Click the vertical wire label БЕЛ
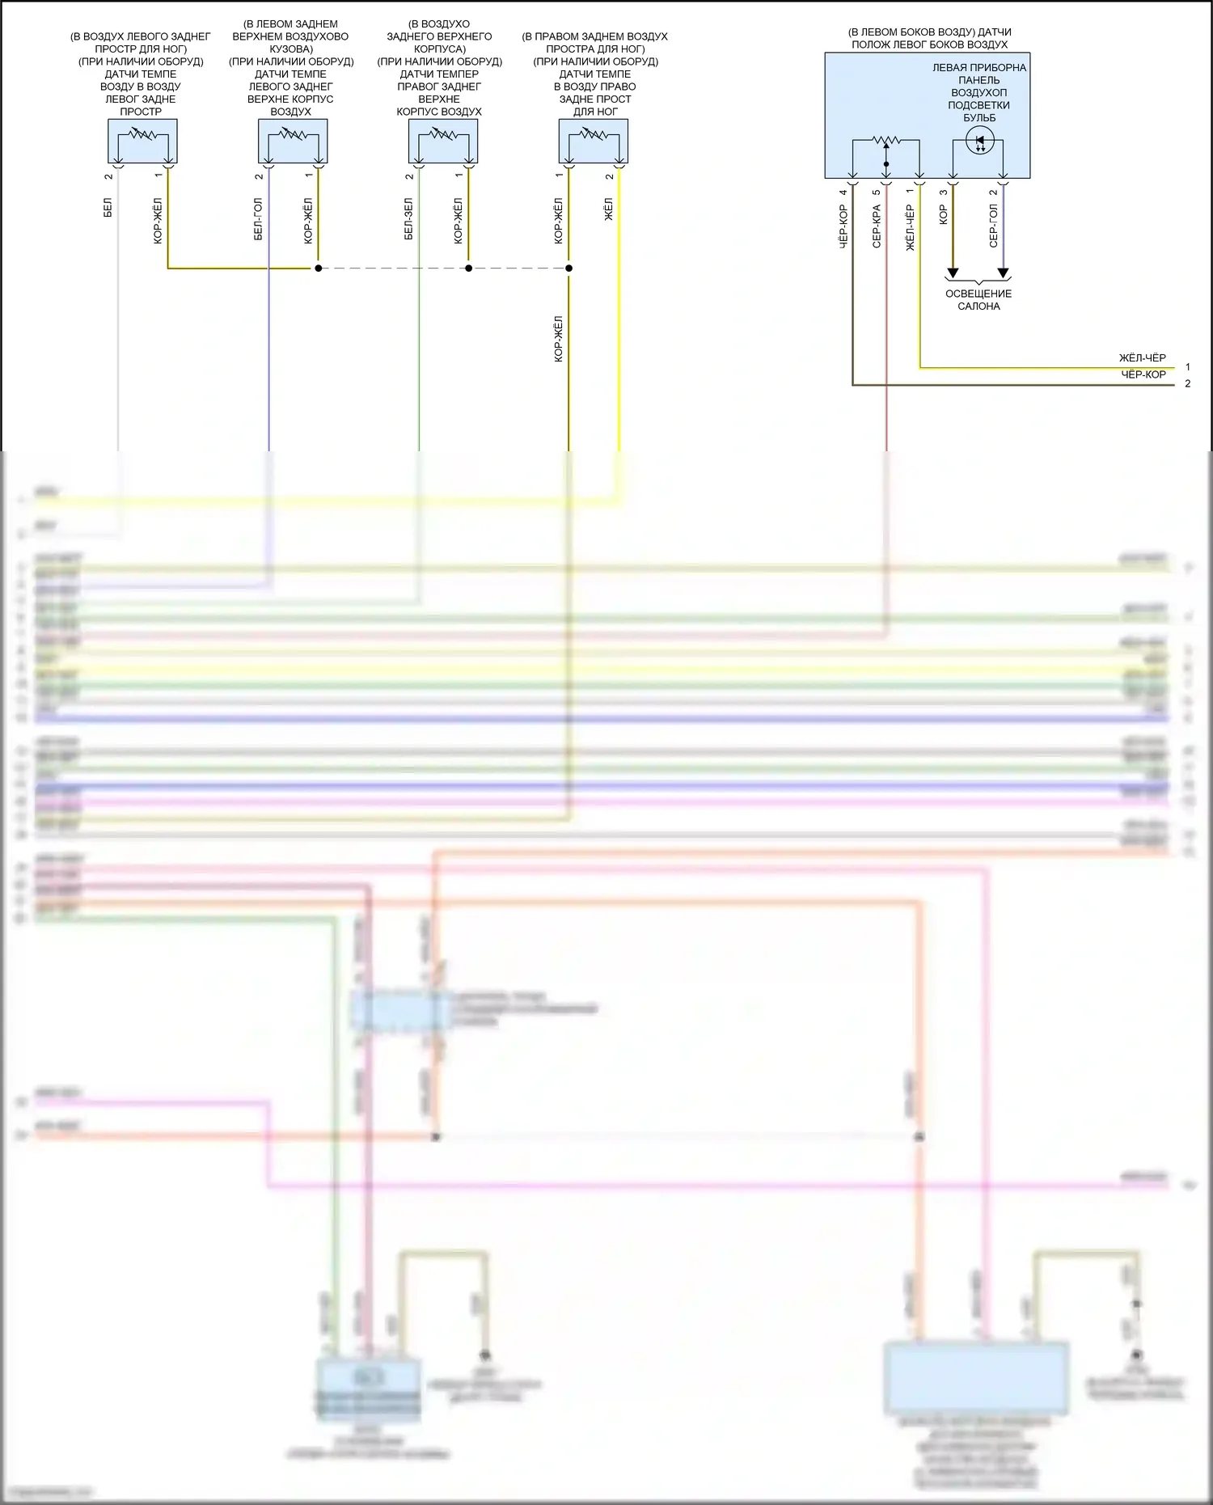point(108,207)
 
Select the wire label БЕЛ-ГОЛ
point(259,219)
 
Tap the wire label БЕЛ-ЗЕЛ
point(408,219)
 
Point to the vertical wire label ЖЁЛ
point(609,209)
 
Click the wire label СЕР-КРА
point(877,226)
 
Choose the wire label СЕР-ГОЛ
point(993,225)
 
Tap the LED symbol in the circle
point(980,142)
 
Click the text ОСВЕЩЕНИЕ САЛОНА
point(978,300)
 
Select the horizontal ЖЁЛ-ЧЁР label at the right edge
point(1142,357)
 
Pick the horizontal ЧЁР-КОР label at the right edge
point(1143,374)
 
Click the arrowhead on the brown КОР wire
point(953,273)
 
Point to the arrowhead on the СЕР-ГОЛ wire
point(1003,273)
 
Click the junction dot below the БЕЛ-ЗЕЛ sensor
point(469,268)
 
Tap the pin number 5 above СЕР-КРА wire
point(877,192)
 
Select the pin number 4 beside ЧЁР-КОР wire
point(843,192)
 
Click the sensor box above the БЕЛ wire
point(142,142)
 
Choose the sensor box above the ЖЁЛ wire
point(594,142)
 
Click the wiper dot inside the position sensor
point(886,164)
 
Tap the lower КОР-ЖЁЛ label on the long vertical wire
point(559,339)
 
